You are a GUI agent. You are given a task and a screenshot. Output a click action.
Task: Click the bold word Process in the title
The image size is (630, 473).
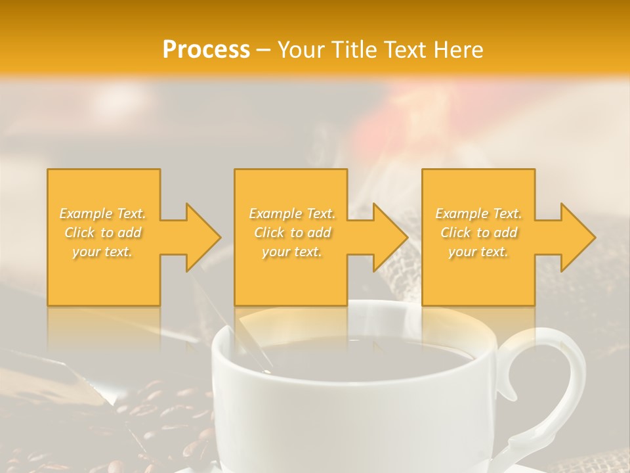pyautogui.click(x=206, y=50)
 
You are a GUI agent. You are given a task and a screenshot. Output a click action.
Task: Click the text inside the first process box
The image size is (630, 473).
pyautogui.click(x=103, y=233)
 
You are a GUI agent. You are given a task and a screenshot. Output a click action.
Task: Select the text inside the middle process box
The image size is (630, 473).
pyautogui.click(x=292, y=233)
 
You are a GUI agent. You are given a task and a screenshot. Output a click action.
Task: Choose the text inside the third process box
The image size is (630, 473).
pyautogui.click(x=478, y=233)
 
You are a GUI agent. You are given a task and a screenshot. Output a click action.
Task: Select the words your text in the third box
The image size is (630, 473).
pyautogui.click(x=478, y=252)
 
